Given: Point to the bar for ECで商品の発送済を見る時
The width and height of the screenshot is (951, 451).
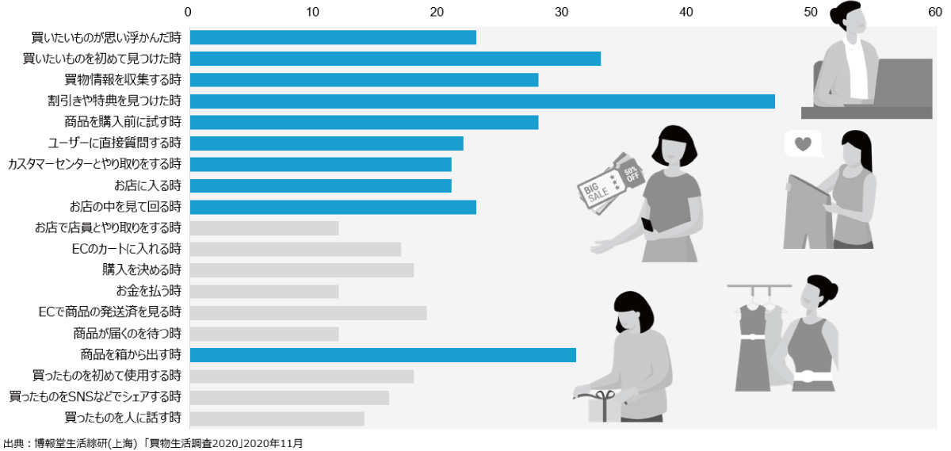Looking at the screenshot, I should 308,312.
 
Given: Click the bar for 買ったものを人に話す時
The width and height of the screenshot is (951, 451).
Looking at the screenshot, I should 277,419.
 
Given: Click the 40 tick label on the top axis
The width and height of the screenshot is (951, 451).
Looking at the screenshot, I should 686,12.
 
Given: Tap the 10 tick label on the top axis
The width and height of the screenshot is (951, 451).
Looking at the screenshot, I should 312,12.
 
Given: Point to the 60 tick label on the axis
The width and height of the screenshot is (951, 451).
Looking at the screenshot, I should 935,12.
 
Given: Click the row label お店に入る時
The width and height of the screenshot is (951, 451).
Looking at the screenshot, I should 147,185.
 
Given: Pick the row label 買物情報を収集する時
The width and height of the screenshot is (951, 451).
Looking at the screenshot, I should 123,79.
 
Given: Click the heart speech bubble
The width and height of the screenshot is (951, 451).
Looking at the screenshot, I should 803,145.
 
